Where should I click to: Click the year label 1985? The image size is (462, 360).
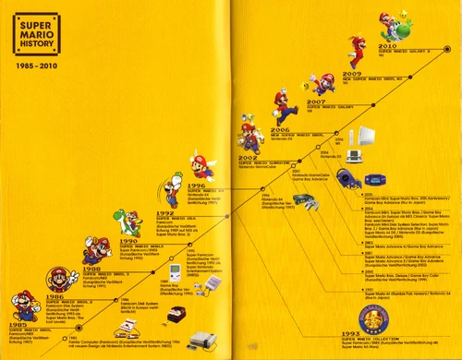(x=18, y=325)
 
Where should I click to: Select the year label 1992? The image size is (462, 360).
(x=156, y=212)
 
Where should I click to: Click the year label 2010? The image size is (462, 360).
(x=389, y=45)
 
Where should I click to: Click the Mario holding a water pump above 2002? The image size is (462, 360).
(x=248, y=138)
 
